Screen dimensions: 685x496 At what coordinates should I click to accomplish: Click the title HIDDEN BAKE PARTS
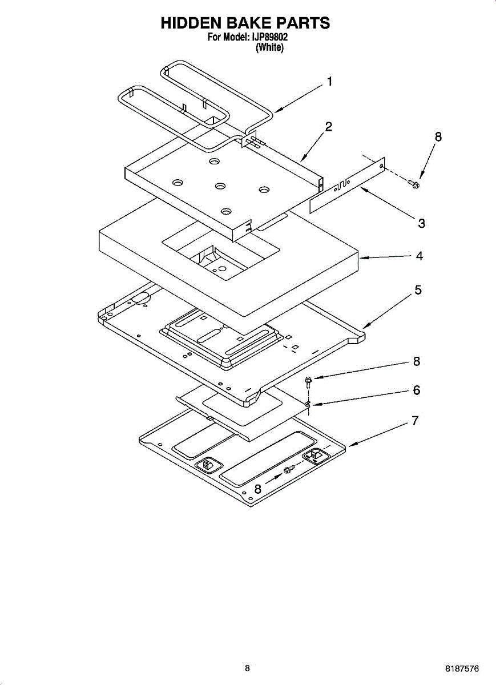(245, 23)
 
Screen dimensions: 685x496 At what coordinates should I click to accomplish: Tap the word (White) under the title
(269, 48)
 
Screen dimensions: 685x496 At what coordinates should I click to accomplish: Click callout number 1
(328, 82)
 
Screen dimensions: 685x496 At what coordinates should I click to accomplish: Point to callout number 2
(329, 127)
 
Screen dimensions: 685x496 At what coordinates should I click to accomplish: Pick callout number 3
(421, 224)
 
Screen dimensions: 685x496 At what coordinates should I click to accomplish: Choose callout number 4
(420, 256)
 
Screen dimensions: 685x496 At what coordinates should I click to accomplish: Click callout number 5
(418, 290)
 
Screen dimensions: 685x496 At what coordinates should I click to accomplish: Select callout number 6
(417, 390)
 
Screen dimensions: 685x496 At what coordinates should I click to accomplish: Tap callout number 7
(416, 421)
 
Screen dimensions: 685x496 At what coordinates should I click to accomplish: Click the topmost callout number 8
(438, 136)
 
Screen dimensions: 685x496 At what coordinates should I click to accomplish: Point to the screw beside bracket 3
(414, 183)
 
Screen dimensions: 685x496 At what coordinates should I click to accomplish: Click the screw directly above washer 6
(308, 381)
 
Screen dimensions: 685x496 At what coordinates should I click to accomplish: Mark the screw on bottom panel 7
(289, 470)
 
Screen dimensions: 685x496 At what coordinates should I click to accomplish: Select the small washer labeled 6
(307, 405)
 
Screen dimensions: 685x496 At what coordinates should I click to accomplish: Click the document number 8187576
(462, 668)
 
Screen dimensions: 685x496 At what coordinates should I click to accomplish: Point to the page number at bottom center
(247, 668)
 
